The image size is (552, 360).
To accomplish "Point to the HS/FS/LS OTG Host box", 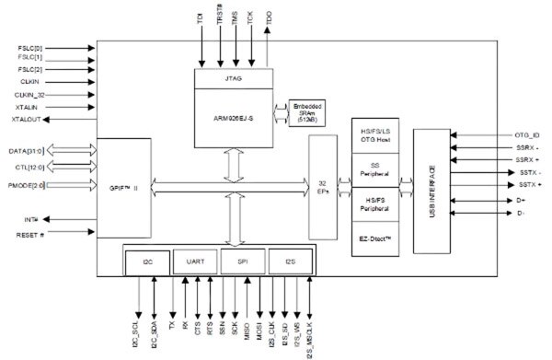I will coord(374,136).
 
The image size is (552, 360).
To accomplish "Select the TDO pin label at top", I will coord(268,17).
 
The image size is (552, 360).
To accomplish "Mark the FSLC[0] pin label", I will coord(30,45).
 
